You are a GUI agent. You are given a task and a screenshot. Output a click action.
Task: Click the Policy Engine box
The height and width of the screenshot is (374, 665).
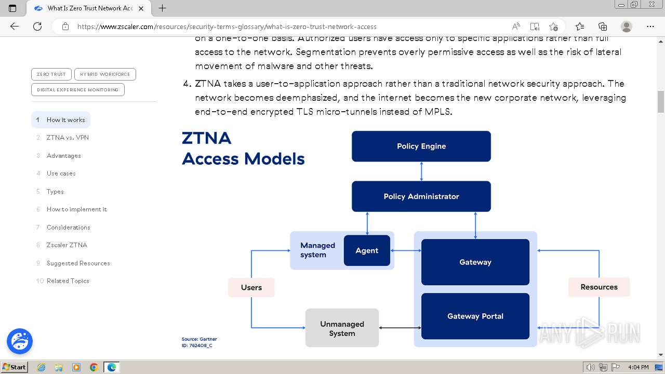click(x=421, y=146)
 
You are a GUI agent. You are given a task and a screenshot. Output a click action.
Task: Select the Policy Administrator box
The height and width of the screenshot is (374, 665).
click(x=421, y=196)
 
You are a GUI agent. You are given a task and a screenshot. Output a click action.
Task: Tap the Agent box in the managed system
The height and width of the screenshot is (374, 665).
click(x=367, y=250)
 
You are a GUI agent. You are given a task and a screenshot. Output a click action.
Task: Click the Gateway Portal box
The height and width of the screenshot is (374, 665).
click(x=475, y=316)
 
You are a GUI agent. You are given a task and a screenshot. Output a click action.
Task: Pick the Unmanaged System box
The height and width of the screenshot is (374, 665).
click(x=342, y=328)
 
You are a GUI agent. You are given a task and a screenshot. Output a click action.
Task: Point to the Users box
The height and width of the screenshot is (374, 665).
click(x=251, y=287)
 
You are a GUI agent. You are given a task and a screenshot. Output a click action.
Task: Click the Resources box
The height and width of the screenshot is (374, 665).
click(x=598, y=287)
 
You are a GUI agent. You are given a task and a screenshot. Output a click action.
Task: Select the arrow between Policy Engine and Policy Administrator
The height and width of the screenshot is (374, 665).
click(x=421, y=171)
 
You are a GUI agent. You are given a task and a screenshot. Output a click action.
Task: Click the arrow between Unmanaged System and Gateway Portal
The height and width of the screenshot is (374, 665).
click(x=400, y=328)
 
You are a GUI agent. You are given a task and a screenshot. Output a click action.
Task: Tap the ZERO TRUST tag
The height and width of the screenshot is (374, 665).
click(x=51, y=74)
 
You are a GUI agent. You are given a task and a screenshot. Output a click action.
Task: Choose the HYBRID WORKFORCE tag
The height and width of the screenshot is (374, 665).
click(x=105, y=74)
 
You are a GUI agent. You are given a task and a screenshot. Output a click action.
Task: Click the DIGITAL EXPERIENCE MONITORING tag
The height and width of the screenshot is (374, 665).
click(x=77, y=90)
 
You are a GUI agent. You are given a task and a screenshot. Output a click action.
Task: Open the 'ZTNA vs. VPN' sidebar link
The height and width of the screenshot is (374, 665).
click(x=68, y=138)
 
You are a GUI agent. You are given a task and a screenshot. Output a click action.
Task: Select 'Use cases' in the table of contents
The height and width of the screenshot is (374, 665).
click(x=61, y=173)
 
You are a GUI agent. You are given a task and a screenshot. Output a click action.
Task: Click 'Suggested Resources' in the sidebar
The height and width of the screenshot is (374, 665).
click(x=78, y=263)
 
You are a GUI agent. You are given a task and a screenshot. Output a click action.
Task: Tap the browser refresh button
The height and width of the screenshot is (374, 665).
click(x=37, y=26)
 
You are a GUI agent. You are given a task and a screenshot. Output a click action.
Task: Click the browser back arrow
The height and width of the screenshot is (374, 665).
click(x=15, y=26)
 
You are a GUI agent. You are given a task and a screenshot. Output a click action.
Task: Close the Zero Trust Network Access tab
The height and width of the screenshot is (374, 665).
click(x=141, y=8)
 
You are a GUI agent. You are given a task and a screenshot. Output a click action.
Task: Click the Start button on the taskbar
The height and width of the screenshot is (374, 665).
click(x=14, y=367)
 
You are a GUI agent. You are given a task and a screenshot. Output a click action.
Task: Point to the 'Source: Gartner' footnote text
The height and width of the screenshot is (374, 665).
click(x=199, y=339)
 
